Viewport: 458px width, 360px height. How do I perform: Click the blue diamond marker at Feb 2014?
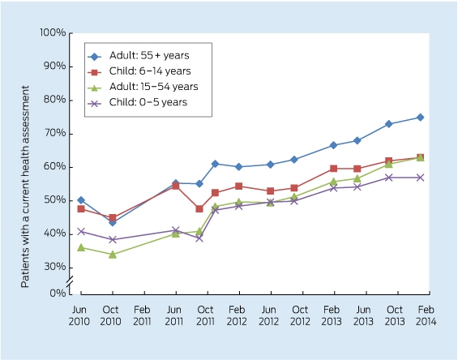(x=420, y=118)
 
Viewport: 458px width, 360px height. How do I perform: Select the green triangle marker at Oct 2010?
(x=113, y=255)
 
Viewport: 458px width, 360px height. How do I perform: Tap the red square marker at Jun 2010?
(x=81, y=209)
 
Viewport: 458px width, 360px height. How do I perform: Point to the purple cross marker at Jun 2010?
(x=81, y=231)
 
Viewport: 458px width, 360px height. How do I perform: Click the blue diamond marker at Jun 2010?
(x=81, y=200)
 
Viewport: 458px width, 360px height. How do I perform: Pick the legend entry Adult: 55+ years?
(x=139, y=55)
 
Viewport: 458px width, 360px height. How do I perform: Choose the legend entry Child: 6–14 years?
(x=139, y=71)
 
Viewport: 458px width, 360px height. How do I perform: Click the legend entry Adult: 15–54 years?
(x=143, y=87)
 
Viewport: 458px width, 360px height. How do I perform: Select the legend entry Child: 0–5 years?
(x=138, y=102)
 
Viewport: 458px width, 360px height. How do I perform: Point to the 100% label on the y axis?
(x=53, y=32)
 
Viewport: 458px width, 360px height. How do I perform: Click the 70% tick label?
(x=55, y=133)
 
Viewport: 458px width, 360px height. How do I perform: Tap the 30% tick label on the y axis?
(x=55, y=267)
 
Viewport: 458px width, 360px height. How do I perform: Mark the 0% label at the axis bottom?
(x=58, y=293)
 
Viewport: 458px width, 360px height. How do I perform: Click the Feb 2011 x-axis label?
(x=142, y=315)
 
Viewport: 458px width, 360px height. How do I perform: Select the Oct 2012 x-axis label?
(x=300, y=315)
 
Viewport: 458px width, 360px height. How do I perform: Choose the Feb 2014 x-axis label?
(x=426, y=315)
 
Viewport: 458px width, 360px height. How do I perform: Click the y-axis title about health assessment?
(x=25, y=186)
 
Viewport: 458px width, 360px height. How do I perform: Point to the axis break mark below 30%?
(x=70, y=281)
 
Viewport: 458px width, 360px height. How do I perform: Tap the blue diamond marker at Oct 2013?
(x=388, y=124)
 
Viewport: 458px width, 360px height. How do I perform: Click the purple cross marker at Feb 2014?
(x=420, y=178)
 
